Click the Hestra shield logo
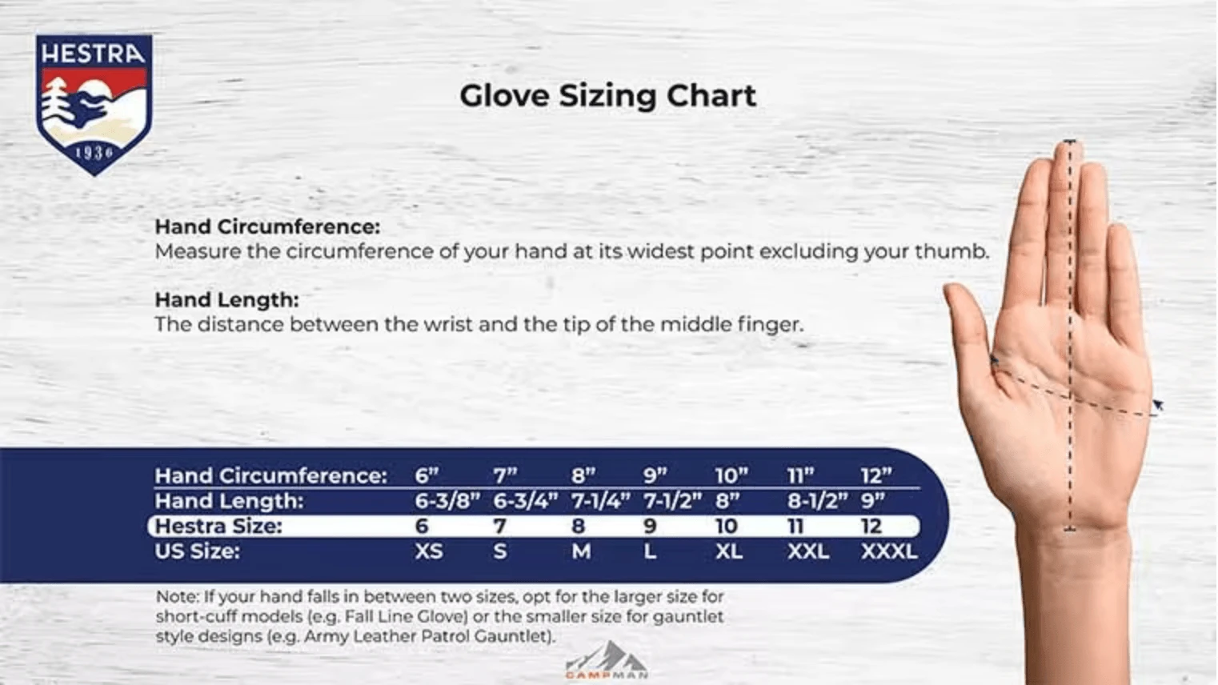(x=94, y=104)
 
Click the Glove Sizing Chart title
(x=607, y=96)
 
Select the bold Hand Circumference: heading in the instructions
(x=267, y=226)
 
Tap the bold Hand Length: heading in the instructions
(x=226, y=300)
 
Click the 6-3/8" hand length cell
(x=447, y=501)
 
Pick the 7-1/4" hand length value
(x=599, y=501)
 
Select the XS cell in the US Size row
(x=428, y=551)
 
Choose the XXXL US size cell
(x=888, y=551)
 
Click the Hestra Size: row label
(x=218, y=527)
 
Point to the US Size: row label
(x=197, y=551)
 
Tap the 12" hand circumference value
(x=875, y=476)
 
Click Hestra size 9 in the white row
(x=650, y=527)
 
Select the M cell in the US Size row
(x=581, y=551)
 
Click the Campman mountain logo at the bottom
(x=607, y=660)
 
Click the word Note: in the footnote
(x=177, y=597)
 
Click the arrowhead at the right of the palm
(x=1157, y=407)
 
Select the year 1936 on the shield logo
(x=94, y=152)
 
